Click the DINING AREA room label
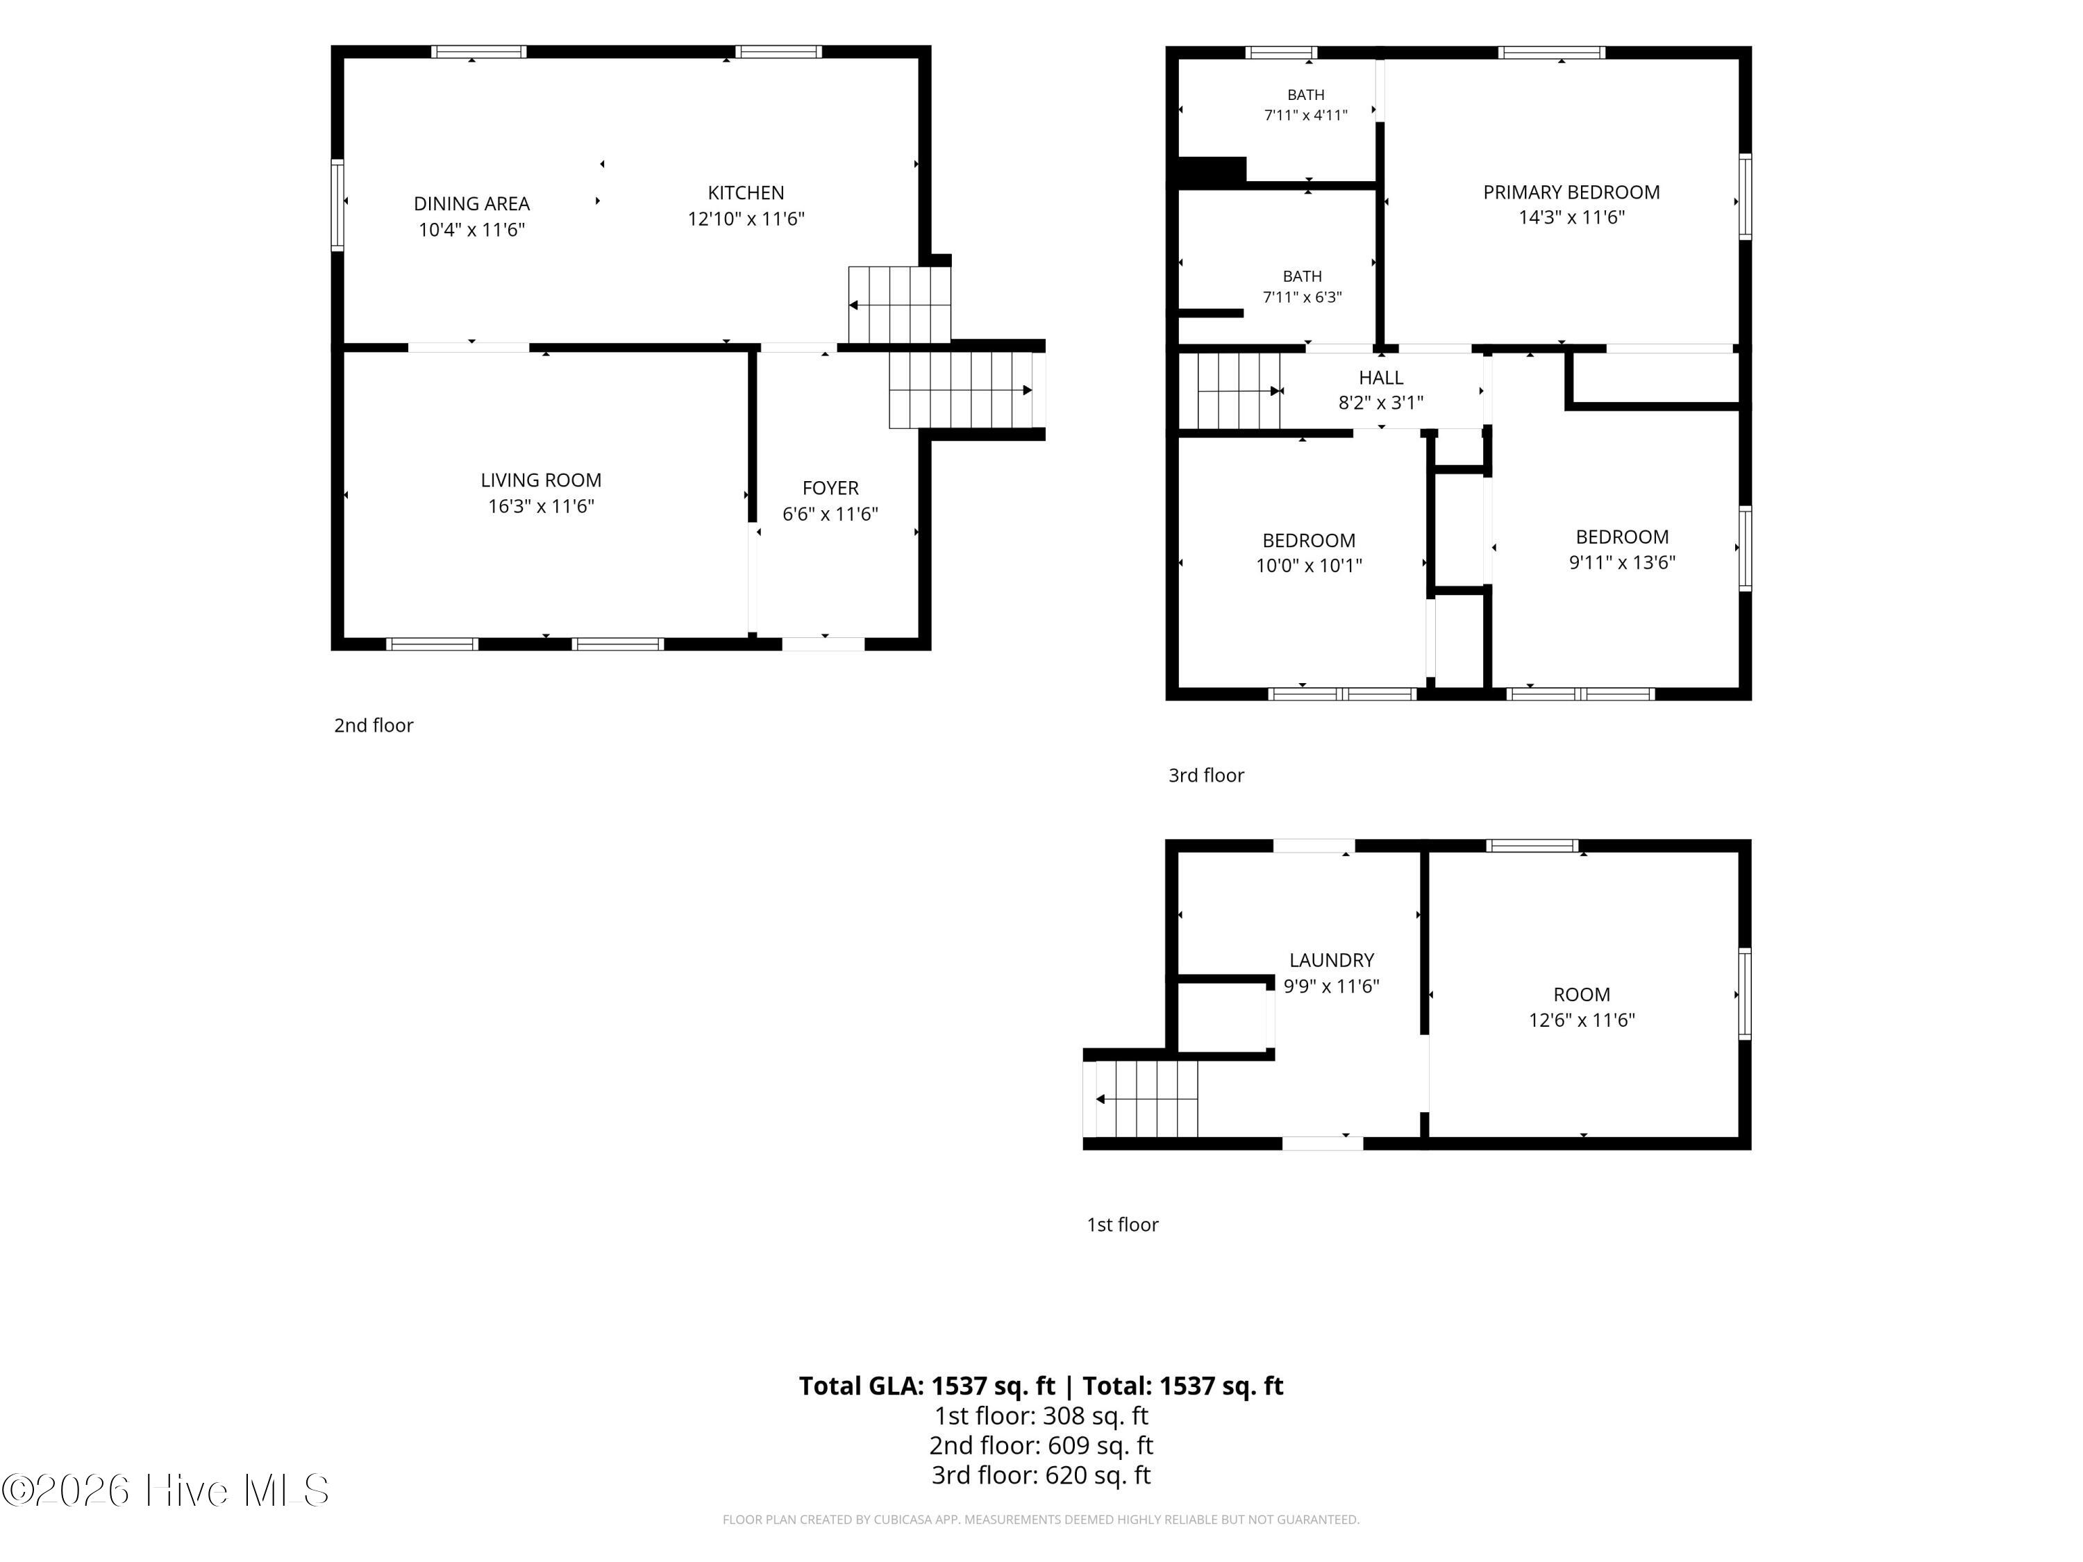471,203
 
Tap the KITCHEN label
746,193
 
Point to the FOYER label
830,488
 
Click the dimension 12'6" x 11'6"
1581,1020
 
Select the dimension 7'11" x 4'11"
1305,115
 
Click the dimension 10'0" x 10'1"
1308,566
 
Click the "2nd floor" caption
373,725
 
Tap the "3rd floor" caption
1205,775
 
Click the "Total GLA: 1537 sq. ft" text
927,1385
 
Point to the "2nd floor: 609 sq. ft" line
1041,1444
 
